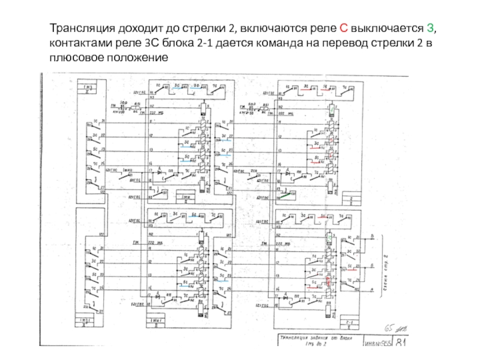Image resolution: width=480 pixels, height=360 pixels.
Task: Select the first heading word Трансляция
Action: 79,29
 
